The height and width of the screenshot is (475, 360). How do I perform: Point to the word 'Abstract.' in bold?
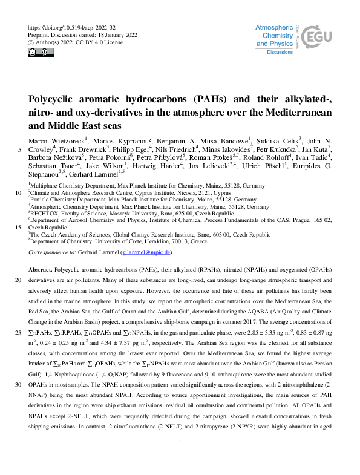pyautogui.click(x=41, y=267)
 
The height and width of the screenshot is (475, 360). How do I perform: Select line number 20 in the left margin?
pyautogui.click(x=18, y=280)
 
